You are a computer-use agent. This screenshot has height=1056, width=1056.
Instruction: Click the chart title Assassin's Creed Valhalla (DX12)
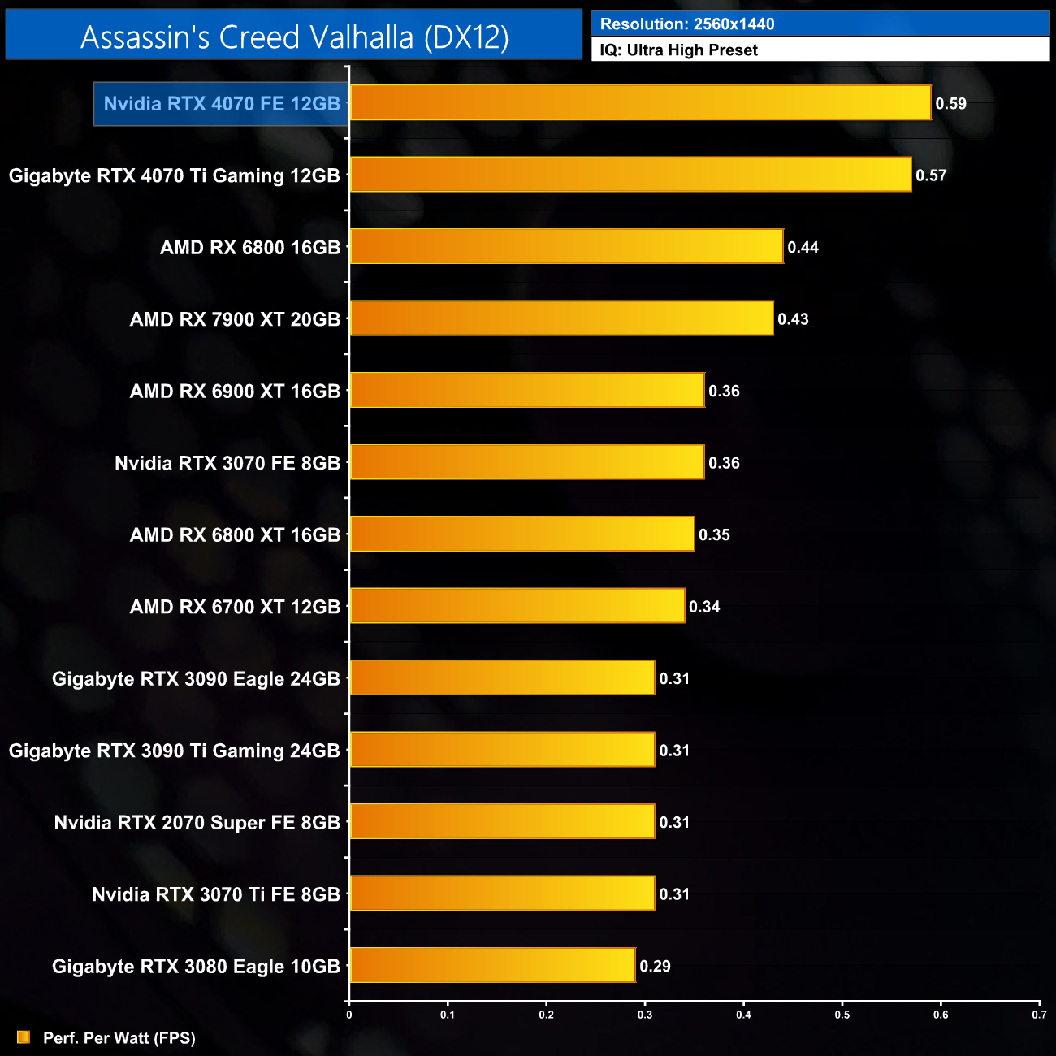coord(294,37)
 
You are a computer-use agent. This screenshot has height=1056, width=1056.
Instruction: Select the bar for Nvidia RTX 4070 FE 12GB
coord(640,103)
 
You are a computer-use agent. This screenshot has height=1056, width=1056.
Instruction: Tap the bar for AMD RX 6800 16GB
coord(566,247)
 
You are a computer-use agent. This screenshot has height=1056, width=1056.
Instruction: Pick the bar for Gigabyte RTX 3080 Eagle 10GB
coord(492,966)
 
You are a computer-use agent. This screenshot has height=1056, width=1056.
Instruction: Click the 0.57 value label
coord(931,175)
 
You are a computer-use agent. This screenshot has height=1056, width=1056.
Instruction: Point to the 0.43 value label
coord(793,319)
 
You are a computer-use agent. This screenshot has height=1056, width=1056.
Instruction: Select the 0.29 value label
coord(655,966)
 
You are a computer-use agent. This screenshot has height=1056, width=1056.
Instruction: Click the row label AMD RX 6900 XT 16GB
coord(235,392)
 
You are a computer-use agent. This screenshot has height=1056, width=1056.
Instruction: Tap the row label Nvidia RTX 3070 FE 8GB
coord(227,463)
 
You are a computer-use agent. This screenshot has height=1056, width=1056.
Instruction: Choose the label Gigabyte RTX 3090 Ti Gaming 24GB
coord(174,751)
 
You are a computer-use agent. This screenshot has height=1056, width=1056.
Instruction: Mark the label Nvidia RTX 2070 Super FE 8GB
coord(197,823)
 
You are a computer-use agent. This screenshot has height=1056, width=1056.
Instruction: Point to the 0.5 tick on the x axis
coord(842,1015)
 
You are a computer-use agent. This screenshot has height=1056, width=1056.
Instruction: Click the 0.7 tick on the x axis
coord(1039,1015)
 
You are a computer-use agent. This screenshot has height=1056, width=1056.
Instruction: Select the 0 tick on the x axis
coord(349,1015)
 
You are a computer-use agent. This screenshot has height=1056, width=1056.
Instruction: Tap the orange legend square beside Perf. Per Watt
coord(24,1037)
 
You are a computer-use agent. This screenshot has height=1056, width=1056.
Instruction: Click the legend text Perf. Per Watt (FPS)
coord(119,1038)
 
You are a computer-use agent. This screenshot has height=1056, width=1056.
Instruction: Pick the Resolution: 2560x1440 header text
coord(687,24)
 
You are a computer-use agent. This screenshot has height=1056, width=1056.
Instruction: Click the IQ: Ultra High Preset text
coord(678,50)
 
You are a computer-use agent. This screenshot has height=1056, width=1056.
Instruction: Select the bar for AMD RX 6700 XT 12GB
coord(517,607)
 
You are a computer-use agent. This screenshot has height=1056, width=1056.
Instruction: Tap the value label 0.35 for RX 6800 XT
coord(714,535)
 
